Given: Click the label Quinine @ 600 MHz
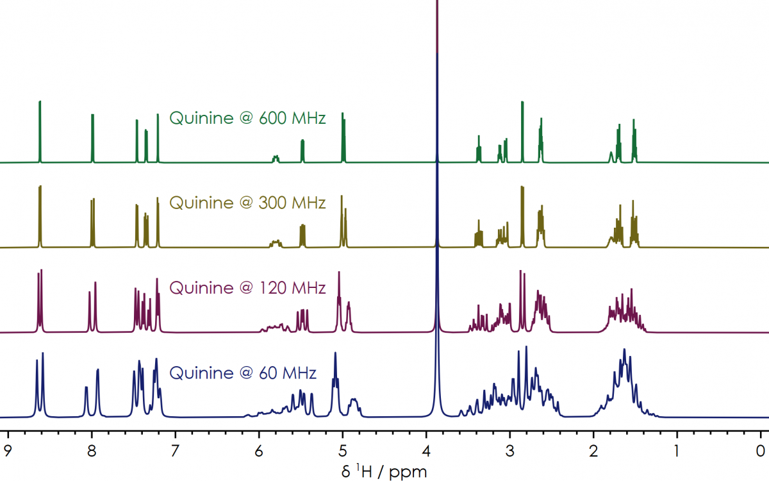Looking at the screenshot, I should click(247, 118).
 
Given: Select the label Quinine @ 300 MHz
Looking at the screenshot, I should click(247, 203).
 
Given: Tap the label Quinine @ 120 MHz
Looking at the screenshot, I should click(247, 288).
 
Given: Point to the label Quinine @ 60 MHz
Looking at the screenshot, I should click(243, 373).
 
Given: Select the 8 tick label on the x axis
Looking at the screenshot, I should click(92, 450).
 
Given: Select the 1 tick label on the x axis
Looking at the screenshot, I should click(677, 450).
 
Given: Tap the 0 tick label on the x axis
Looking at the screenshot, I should click(761, 450).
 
